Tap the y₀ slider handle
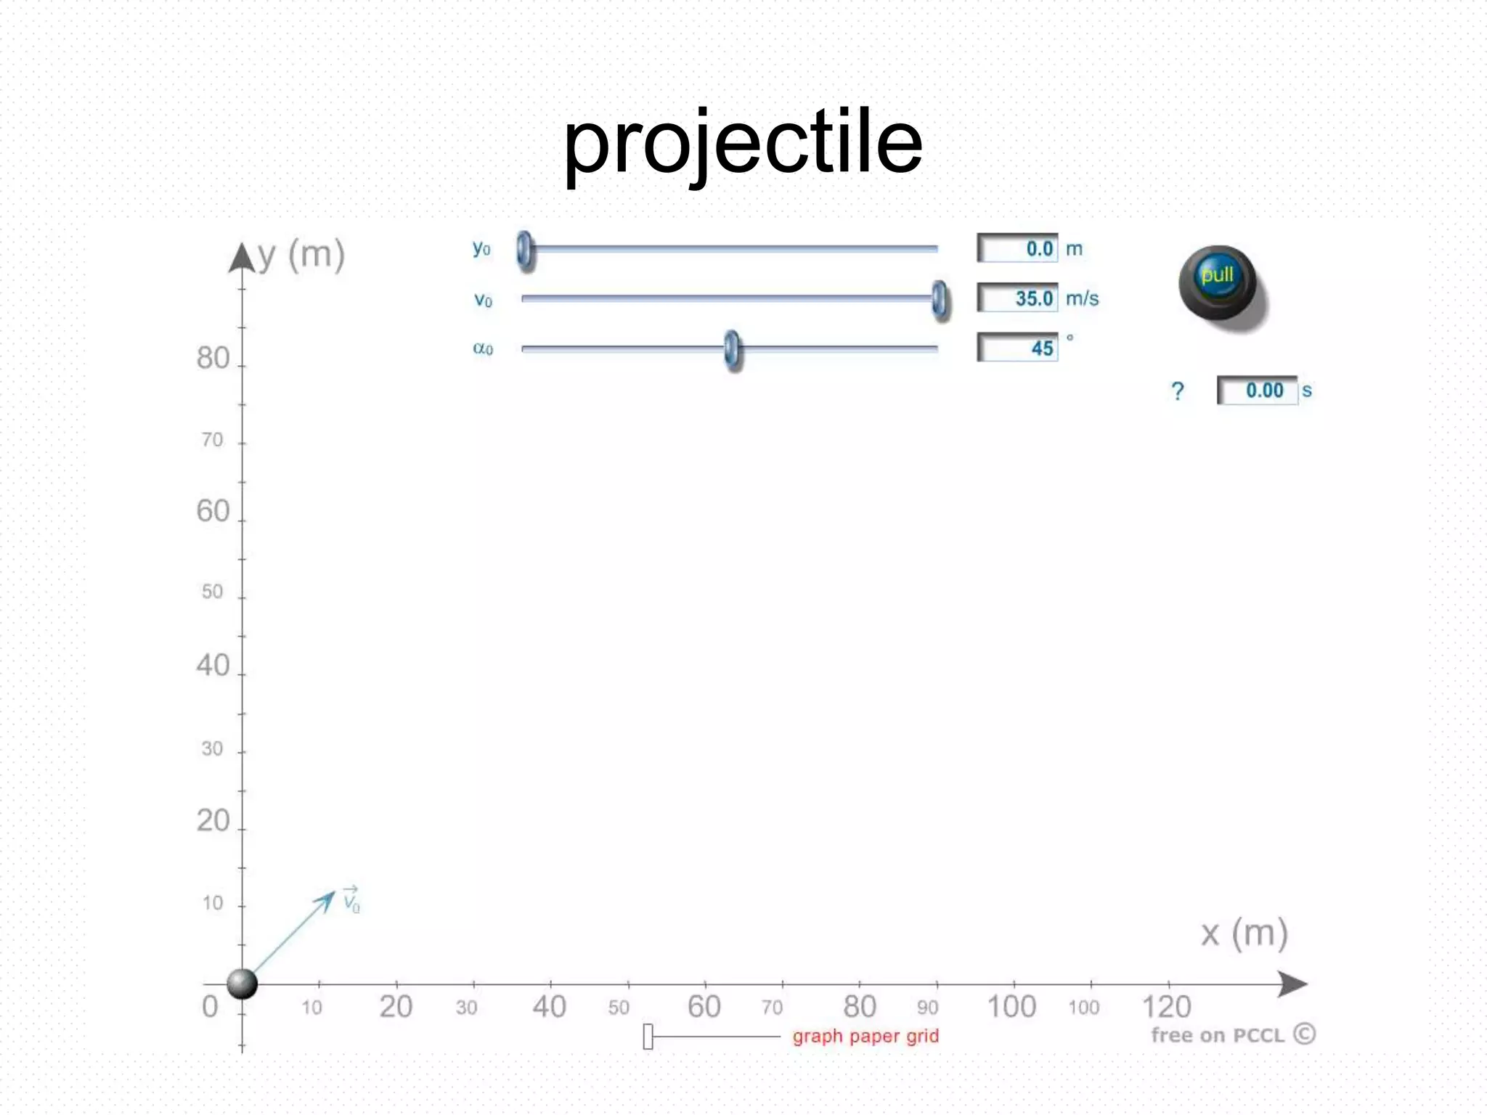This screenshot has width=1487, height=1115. point(524,250)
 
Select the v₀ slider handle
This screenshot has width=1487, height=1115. point(940,299)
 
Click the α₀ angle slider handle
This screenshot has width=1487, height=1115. point(733,349)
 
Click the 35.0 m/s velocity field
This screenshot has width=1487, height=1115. point(1018,298)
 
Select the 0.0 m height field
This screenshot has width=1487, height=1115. point(1018,248)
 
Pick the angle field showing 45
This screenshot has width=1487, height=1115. point(1018,348)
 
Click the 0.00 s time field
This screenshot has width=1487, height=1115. point(1258,391)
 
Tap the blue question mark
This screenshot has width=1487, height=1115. point(1178,391)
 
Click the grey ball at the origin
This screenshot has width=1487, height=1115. point(242,984)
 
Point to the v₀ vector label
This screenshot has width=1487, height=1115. point(351,900)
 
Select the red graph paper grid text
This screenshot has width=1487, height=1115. point(865,1036)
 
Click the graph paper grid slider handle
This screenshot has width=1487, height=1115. point(648,1037)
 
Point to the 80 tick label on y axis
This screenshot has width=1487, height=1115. point(213,358)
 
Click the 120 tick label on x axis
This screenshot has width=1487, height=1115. point(1166,1007)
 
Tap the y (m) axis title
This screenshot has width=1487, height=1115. point(301,255)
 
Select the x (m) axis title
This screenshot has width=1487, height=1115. point(1244,934)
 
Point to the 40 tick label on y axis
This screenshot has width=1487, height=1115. point(213,665)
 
